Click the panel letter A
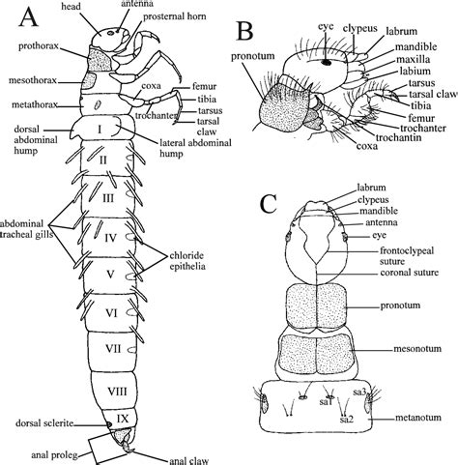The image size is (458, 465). point(26,18)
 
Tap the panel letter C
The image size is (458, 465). point(270,204)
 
